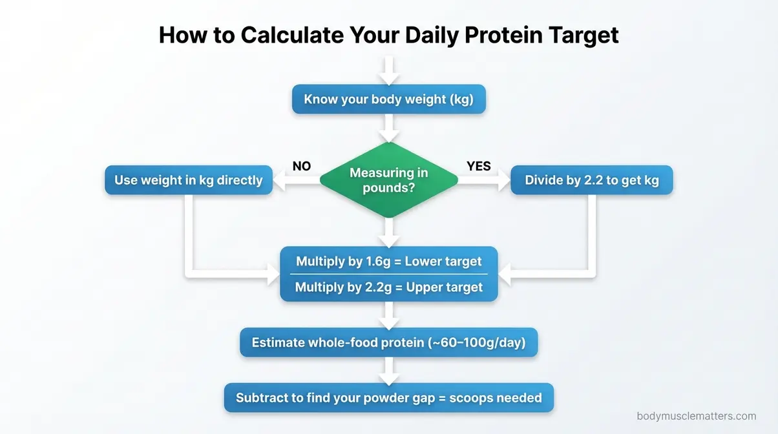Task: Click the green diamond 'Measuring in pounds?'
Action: pyautogui.click(x=388, y=181)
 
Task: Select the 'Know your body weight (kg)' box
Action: pyautogui.click(x=388, y=99)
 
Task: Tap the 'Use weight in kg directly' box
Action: pyautogui.click(x=188, y=180)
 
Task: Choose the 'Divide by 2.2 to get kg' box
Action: pyautogui.click(x=591, y=180)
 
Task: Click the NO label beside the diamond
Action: pyautogui.click(x=302, y=166)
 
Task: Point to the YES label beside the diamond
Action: pyautogui.click(x=479, y=166)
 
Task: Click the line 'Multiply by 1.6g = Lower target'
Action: pyautogui.click(x=388, y=262)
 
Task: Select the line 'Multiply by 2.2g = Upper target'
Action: pyautogui.click(x=388, y=287)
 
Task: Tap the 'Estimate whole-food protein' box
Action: pyautogui.click(x=388, y=343)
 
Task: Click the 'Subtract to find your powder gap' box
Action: pyautogui.click(x=388, y=398)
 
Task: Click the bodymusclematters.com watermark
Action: pyautogui.click(x=696, y=417)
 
